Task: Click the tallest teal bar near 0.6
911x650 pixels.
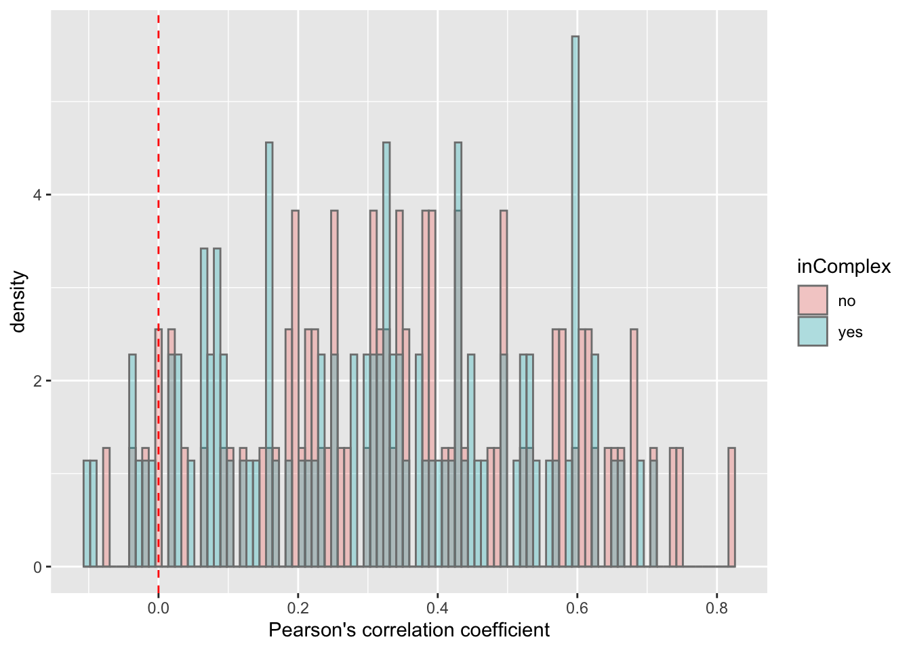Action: click(575, 203)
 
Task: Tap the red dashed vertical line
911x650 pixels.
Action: click(159, 203)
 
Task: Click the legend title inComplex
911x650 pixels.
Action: click(844, 267)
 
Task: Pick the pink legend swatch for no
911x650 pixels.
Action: click(813, 300)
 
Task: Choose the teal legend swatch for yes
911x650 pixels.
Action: click(813, 331)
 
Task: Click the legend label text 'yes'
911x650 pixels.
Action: click(850, 332)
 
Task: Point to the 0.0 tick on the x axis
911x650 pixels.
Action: click(159, 607)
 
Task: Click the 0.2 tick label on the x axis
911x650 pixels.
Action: click(298, 607)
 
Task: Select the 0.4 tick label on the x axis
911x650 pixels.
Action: click(438, 607)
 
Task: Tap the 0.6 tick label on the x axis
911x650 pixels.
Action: click(577, 607)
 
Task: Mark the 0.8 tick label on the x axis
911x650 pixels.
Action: click(716, 607)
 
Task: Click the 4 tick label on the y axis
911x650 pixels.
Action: click(37, 195)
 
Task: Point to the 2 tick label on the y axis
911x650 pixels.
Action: click(37, 381)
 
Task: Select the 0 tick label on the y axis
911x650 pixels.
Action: click(37, 567)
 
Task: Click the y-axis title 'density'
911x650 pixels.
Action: click(19, 302)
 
